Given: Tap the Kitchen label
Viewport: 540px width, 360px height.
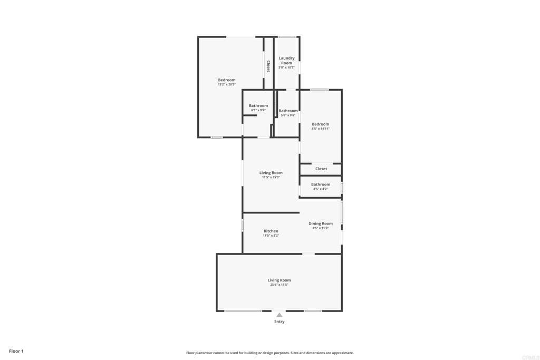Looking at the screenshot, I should point(271,231).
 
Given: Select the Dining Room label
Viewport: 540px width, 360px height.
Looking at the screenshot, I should point(321,223).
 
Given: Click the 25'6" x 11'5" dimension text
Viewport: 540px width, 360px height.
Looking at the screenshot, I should point(279,285).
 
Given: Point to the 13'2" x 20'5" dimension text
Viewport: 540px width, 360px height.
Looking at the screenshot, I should point(227,84).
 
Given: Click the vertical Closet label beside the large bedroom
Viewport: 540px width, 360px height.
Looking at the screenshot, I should point(268,66).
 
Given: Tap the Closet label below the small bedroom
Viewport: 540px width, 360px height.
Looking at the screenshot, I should point(321,169).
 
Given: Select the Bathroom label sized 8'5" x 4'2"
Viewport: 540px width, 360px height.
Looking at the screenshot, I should point(321,184).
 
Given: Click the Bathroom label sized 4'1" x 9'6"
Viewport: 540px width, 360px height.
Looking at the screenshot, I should point(258,105).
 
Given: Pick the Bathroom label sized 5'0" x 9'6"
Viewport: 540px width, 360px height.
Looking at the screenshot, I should point(288,111).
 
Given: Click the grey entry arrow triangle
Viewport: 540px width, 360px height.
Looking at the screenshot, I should point(279,315).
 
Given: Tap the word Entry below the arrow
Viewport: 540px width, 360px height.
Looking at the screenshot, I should point(279,322).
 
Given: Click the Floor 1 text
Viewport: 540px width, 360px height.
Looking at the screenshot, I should point(16,351).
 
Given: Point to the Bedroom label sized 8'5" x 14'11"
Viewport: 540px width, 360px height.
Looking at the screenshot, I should point(320,124).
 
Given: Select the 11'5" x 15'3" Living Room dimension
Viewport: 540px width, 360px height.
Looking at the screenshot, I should point(271,177).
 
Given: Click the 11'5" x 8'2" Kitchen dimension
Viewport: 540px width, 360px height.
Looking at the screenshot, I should point(271,236).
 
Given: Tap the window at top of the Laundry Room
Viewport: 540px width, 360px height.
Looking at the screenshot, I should point(287,37).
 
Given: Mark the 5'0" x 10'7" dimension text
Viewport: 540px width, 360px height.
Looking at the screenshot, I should point(286,67).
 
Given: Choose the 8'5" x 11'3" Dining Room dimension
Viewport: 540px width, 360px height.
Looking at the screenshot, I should point(321,228).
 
